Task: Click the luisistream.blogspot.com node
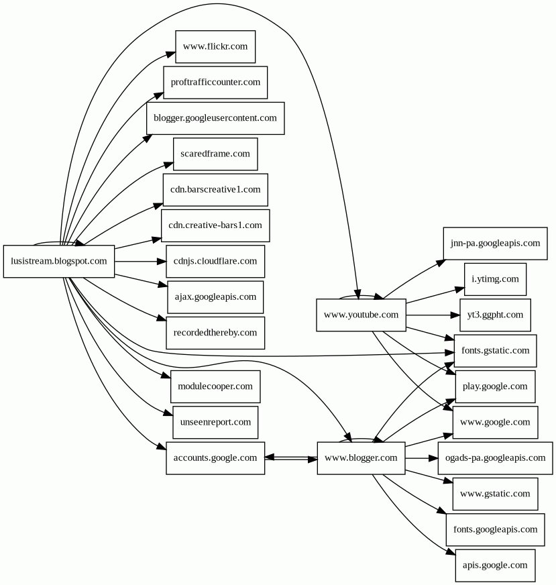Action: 59,261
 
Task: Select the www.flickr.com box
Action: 215,46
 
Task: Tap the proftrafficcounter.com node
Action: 215,82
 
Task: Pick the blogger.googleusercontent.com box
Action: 215,118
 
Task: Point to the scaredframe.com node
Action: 215,154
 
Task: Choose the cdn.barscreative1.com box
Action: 215,189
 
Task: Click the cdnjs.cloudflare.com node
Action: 215,261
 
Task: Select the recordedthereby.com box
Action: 215,332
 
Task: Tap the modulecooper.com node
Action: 215,386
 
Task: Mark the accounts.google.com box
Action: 215,458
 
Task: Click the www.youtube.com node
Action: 361,315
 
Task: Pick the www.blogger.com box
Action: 361,458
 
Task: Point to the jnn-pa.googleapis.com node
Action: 495,243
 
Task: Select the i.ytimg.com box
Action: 495,279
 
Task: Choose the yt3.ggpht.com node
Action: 495,315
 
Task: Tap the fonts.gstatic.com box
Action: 495,350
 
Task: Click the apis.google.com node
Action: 495,565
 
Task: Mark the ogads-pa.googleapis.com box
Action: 495,458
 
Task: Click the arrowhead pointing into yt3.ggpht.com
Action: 455,315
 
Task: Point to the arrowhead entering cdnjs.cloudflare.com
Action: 161,261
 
